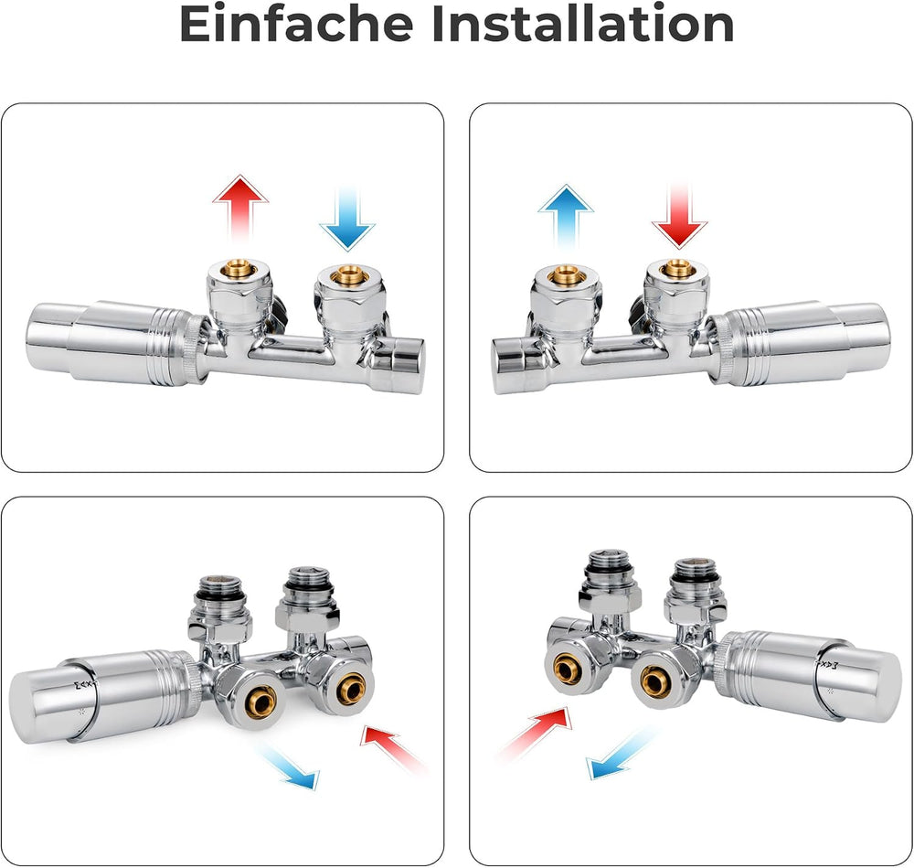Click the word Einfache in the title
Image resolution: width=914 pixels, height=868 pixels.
[296, 24]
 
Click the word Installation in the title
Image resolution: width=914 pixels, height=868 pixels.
[583, 24]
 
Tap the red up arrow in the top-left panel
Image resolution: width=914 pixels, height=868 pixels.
[240, 209]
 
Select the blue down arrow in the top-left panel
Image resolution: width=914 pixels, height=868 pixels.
[347, 219]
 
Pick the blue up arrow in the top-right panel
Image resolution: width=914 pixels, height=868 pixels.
[566, 217]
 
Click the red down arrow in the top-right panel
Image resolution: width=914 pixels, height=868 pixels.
[679, 214]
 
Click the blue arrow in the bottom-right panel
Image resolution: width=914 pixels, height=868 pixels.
[622, 753]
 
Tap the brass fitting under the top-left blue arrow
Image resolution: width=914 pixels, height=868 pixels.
[348, 273]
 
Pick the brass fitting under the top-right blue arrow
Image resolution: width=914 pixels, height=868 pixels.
[566, 273]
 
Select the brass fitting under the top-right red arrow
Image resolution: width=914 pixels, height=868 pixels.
[677, 269]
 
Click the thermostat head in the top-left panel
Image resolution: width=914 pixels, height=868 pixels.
[118, 343]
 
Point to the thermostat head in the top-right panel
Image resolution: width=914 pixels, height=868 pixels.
[800, 343]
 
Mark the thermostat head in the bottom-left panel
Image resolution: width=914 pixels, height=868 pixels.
[105, 696]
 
